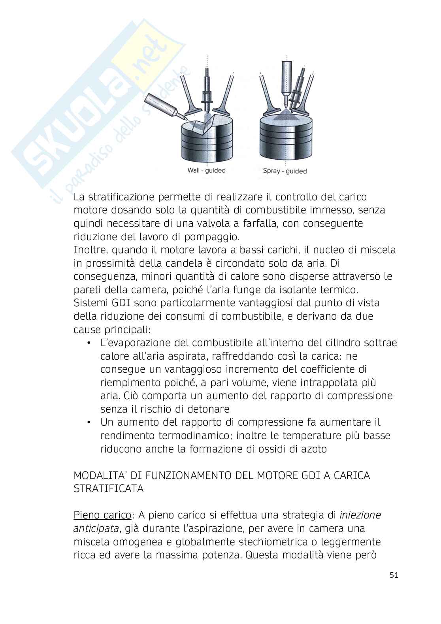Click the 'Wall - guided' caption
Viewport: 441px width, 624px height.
coord(206,170)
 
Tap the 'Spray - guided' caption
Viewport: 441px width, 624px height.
coord(285,171)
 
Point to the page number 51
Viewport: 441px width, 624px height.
coord(394,575)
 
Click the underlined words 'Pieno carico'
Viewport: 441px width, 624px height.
coord(102,515)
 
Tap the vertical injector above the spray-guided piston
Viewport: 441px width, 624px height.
coord(287,79)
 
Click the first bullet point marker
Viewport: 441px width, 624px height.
coord(89,343)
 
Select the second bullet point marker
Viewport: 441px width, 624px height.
coord(89,422)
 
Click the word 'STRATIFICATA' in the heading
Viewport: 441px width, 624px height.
coord(109,489)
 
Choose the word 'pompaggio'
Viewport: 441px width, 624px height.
coord(211,237)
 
